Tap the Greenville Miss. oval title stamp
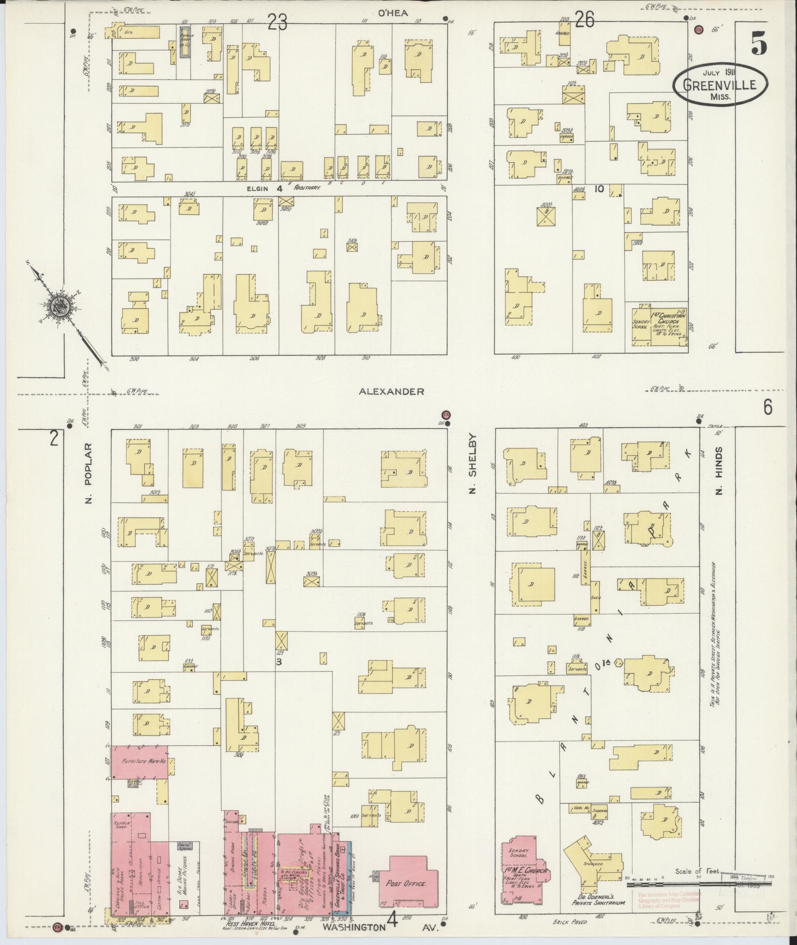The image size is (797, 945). pyautogui.click(x=720, y=85)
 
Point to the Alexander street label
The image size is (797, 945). pyautogui.click(x=391, y=391)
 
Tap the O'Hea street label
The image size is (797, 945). pyautogui.click(x=393, y=13)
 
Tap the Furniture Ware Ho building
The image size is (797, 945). pyautogui.click(x=139, y=775)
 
